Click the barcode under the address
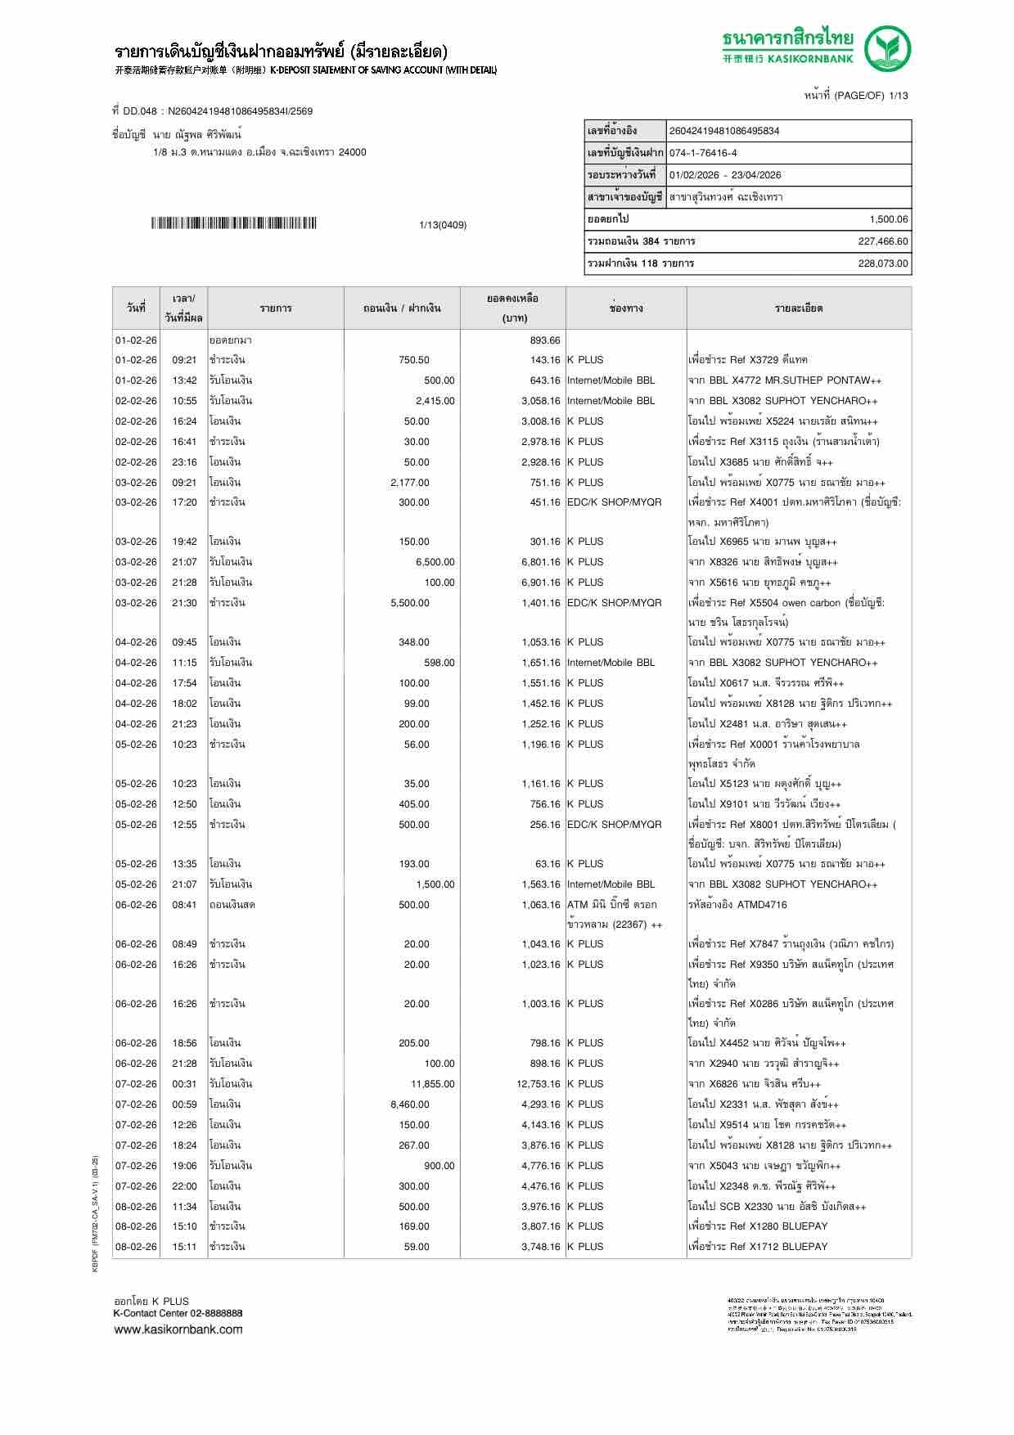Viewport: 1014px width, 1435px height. (233, 223)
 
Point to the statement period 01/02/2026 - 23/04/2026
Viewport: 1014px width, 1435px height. (724, 175)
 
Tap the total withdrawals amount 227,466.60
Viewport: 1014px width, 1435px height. (882, 241)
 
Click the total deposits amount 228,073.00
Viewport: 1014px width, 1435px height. (882, 263)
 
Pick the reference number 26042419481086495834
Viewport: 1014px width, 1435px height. (724, 131)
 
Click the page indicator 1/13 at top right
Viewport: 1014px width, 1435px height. (898, 96)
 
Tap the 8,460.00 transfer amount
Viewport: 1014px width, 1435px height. (409, 1104)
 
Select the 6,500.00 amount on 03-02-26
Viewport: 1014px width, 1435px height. (435, 562)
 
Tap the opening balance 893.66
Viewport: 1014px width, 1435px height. (544, 340)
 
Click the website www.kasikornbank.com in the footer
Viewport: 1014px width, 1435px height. (178, 1329)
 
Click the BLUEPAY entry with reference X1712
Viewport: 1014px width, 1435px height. (758, 1247)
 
